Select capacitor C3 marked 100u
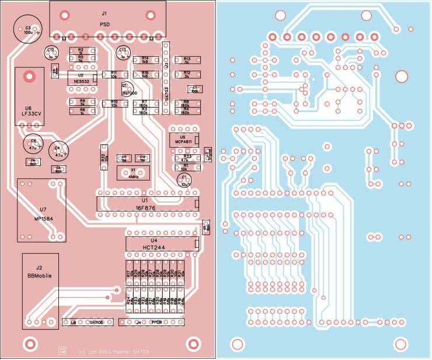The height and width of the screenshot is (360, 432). pyautogui.click(x=27, y=30)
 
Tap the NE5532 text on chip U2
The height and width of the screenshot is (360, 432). pyautogui.click(x=81, y=82)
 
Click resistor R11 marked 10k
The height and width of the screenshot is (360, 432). pyautogui.click(x=114, y=75)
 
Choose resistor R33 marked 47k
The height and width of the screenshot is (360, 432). pyautogui.click(x=187, y=158)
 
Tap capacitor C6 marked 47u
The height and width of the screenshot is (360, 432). pyautogui.click(x=33, y=144)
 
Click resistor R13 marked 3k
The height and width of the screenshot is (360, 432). pyautogui.click(x=187, y=60)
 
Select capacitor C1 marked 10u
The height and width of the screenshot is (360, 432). pyautogui.click(x=184, y=179)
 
